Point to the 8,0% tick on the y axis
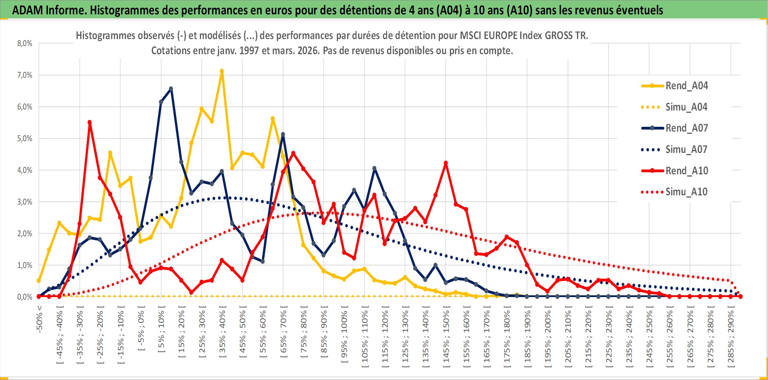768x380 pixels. pos(25,43)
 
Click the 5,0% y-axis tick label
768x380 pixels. pos(25,139)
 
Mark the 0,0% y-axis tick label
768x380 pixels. pos(25,297)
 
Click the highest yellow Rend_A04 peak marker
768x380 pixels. pos(222,71)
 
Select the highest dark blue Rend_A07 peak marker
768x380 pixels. pos(171,89)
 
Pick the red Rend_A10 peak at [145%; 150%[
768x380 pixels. pos(446,163)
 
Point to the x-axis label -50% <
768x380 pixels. pos(39,319)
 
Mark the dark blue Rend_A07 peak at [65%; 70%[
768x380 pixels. pos(283,135)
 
